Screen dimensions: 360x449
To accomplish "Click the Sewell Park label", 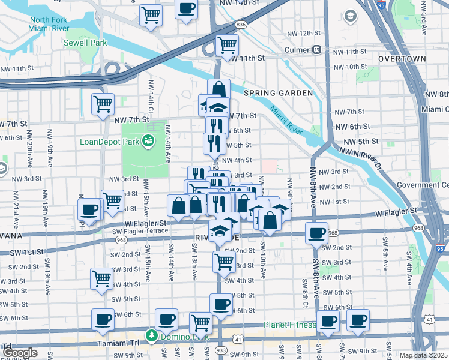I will point(86,43).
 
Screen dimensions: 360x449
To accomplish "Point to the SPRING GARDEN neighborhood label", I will point(278,93).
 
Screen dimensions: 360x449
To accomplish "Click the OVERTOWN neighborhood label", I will point(402,59).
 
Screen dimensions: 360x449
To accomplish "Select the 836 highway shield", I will point(241,25).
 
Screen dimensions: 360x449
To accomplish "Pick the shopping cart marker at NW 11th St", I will point(227,44).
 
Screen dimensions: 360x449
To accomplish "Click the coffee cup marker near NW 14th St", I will point(186,9).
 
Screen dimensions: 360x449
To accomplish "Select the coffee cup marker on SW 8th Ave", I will point(316,233).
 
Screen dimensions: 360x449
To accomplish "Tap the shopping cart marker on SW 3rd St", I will point(224,261).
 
